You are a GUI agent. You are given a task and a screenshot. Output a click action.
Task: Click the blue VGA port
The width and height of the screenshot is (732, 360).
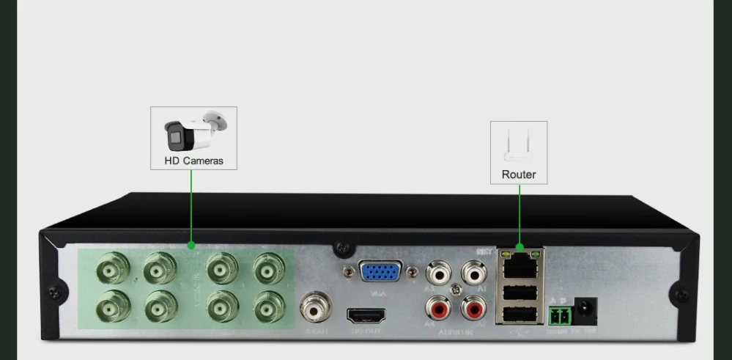coord(380,272)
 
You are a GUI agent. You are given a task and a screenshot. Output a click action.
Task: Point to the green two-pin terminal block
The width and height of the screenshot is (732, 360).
coord(558,316)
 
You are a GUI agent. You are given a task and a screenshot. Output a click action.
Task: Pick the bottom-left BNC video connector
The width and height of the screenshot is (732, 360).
coord(114,307)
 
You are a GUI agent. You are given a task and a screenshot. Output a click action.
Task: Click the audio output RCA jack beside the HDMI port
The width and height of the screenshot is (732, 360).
coord(316,309)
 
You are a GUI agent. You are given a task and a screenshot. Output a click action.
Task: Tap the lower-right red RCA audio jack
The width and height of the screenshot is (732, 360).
coord(473,309)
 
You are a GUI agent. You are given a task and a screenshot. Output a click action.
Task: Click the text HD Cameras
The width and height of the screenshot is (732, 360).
coord(193,160)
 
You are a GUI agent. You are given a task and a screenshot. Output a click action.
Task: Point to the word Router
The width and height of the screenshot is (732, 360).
coord(519,175)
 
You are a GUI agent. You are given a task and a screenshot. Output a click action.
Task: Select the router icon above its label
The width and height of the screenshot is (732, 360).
coord(519,146)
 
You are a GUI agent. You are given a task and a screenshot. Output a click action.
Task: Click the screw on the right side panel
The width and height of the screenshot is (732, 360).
coord(681,295)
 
